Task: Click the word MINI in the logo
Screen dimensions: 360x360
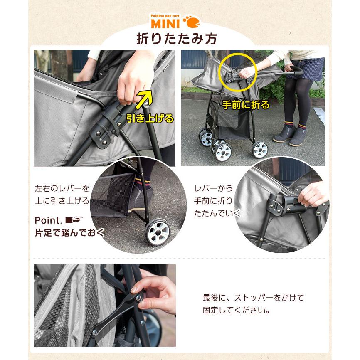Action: click(x=165, y=23)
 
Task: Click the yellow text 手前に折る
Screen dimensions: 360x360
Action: click(x=246, y=105)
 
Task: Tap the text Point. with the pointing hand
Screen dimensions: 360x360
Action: click(x=59, y=220)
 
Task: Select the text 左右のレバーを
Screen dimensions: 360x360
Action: click(x=62, y=188)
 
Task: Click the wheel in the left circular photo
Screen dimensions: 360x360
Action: click(x=157, y=233)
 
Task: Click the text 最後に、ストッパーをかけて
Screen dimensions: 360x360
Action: click(x=253, y=298)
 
